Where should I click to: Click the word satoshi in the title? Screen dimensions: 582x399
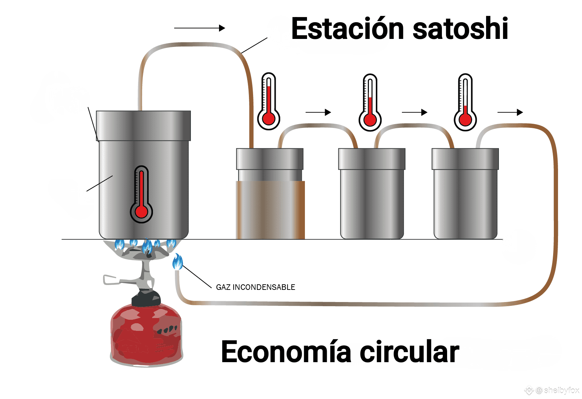click(460, 28)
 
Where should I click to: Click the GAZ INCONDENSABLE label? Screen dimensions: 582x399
click(256, 287)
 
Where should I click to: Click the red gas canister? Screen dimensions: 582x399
click(146, 334)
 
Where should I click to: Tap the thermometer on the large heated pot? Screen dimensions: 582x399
click(142, 194)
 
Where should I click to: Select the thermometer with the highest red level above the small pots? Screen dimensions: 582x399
click(269, 101)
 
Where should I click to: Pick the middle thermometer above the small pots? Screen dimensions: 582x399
click(370, 102)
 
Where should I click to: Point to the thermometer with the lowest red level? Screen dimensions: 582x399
click(465, 102)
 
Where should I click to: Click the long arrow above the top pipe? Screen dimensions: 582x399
click(200, 28)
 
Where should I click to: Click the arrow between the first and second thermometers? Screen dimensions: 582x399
click(318, 112)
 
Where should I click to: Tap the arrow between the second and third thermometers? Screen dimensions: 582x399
click(415, 112)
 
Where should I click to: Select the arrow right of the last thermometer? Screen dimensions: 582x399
click(510, 112)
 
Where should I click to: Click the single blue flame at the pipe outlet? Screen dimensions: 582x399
click(178, 262)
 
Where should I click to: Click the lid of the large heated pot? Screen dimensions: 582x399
click(144, 126)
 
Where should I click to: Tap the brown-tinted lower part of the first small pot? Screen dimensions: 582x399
click(270, 210)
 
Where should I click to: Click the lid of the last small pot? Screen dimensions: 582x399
click(465, 159)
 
